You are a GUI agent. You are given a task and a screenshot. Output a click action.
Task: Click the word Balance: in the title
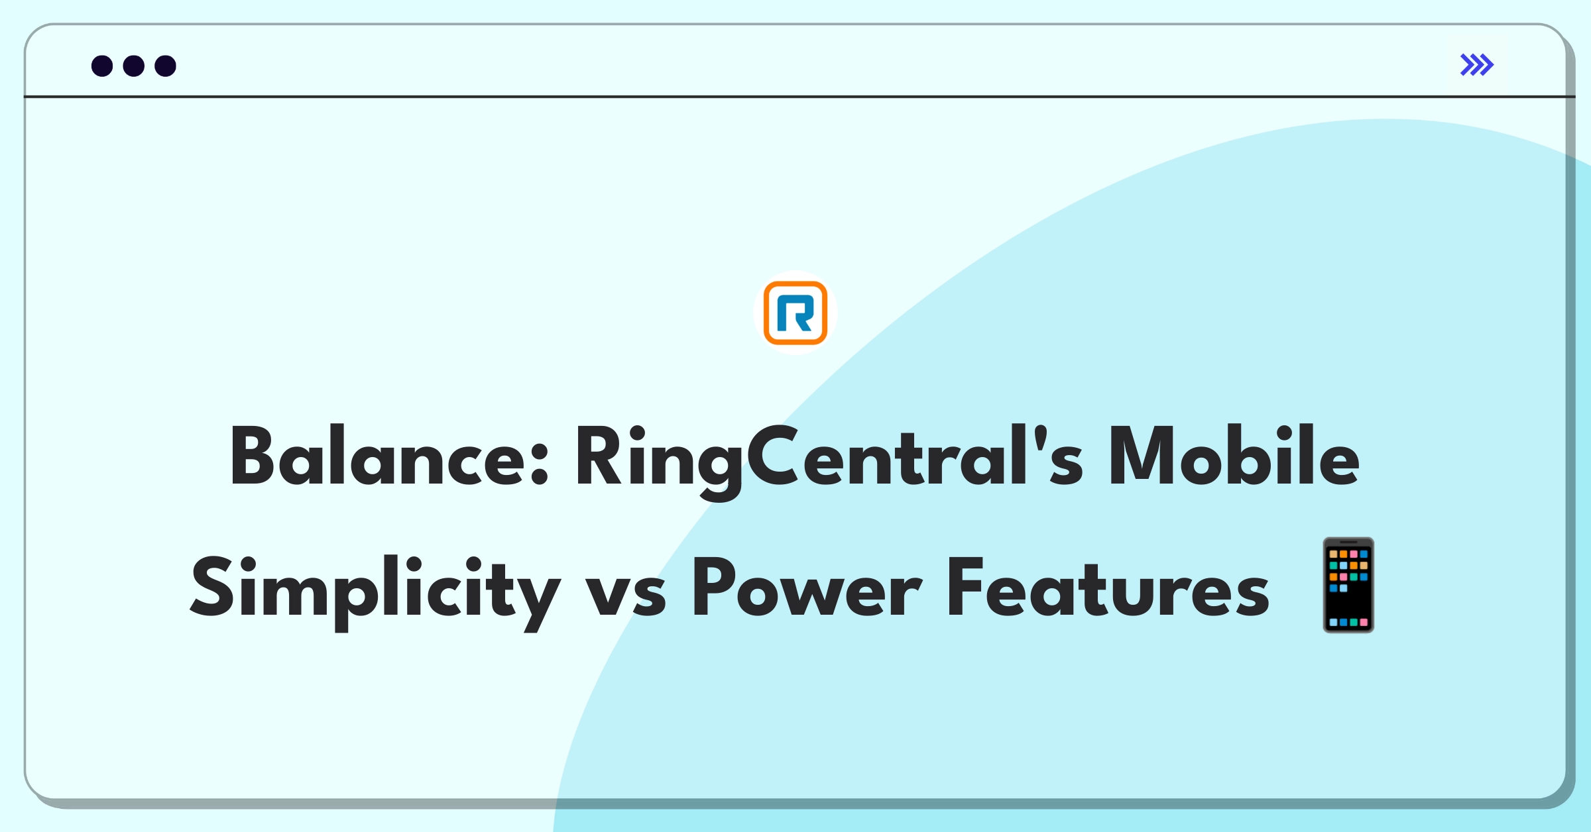click(389, 457)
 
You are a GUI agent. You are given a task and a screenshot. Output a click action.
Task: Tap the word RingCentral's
click(829, 457)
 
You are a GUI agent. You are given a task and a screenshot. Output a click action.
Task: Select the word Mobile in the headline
click(1234, 457)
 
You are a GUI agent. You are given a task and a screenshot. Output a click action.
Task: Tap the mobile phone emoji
click(1348, 585)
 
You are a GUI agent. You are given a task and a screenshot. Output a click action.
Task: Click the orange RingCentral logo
click(795, 313)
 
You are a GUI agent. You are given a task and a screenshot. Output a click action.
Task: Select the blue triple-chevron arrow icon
click(1476, 65)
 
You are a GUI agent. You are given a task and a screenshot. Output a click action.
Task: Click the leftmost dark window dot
click(102, 66)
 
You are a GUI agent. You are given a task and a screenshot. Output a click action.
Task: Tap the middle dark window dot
click(134, 66)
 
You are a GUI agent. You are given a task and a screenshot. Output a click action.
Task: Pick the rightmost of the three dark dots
click(165, 66)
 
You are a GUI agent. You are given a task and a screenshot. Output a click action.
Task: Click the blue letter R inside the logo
click(795, 314)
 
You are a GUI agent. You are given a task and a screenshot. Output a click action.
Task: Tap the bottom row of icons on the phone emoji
click(1348, 623)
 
